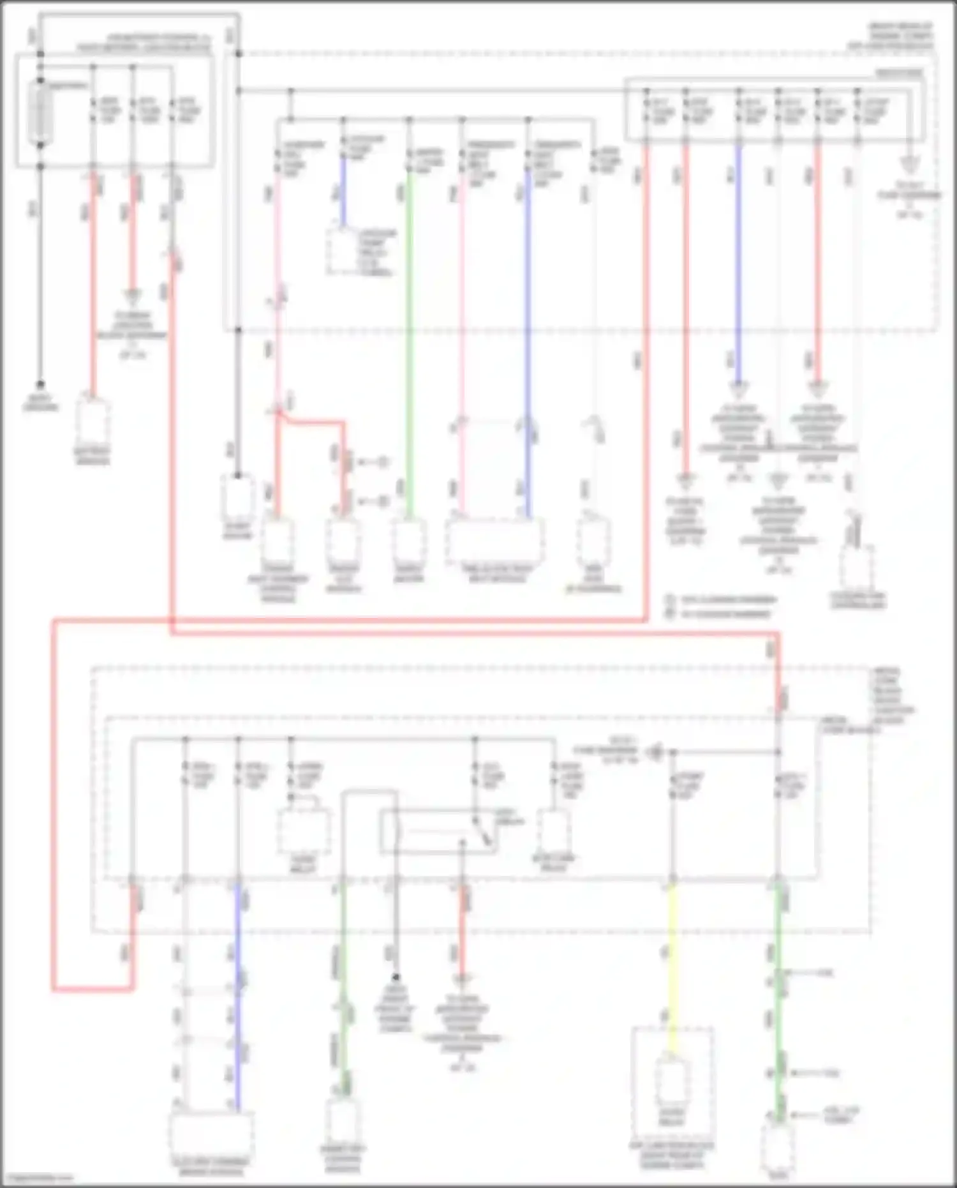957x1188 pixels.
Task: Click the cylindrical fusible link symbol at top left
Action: click(40, 114)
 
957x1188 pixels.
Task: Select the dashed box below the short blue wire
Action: click(348, 252)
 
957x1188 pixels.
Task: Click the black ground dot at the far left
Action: click(40, 384)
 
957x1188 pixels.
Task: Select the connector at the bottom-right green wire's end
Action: click(778, 1146)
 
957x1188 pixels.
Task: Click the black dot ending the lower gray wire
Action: click(396, 977)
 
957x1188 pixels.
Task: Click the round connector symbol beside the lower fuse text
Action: click(654, 753)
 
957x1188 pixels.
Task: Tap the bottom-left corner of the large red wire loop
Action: click(54, 989)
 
